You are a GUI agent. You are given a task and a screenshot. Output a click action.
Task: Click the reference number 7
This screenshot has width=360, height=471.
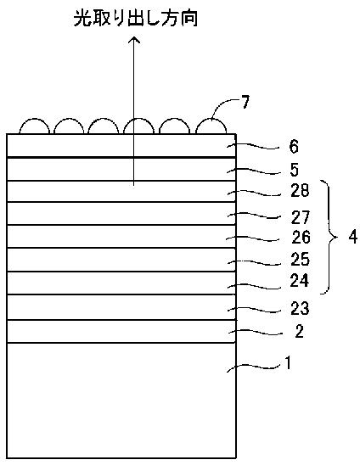pos(246,103)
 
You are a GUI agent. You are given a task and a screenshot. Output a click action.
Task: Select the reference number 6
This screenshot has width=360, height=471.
pos(293,147)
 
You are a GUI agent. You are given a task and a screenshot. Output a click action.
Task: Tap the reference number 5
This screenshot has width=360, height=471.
pos(294,170)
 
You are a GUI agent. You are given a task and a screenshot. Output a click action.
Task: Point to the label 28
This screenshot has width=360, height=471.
pos(300,190)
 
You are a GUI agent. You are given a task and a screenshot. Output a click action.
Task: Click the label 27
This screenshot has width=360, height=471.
pos(301,217)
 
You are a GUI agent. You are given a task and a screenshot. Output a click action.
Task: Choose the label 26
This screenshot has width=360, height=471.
pos(301,238)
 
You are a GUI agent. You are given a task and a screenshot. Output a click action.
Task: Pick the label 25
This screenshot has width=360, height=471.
pos(300,259)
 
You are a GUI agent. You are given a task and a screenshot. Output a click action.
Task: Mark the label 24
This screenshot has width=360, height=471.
pos(300,281)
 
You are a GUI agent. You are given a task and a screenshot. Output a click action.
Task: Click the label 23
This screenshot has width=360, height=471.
pos(300,309)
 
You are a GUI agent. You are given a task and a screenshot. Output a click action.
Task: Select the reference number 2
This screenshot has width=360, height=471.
pos(300,331)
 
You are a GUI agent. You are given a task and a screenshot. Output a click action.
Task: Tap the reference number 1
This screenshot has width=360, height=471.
pos(288,363)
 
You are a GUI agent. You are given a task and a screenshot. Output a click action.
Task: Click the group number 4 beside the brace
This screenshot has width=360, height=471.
pos(353,237)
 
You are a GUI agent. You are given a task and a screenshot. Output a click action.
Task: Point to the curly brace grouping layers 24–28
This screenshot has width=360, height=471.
pos(330,238)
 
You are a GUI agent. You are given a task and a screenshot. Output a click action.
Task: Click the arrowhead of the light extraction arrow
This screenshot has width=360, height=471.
pos(134,40)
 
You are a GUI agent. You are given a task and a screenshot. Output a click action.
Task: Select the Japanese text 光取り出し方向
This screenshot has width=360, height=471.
pos(136,19)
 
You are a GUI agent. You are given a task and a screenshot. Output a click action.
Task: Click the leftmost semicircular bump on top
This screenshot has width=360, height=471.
pos(34,120)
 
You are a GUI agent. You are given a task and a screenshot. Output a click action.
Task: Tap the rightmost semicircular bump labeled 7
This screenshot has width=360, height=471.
pos(211,120)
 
